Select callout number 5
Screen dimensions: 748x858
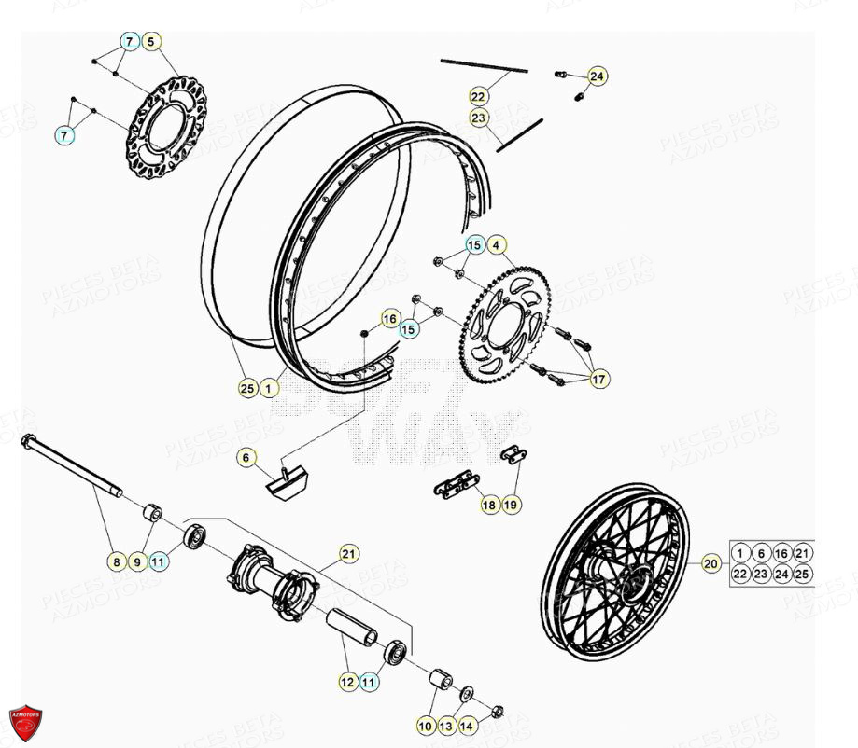[152, 41]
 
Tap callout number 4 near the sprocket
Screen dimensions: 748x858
[497, 245]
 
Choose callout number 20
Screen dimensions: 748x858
[711, 562]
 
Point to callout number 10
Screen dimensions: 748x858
[425, 725]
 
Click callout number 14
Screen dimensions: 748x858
[467, 725]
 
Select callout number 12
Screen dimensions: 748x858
[347, 682]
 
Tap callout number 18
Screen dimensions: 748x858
[489, 505]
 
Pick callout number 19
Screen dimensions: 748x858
[511, 505]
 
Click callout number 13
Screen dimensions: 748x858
[446, 725]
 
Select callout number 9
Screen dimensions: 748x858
[136, 561]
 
